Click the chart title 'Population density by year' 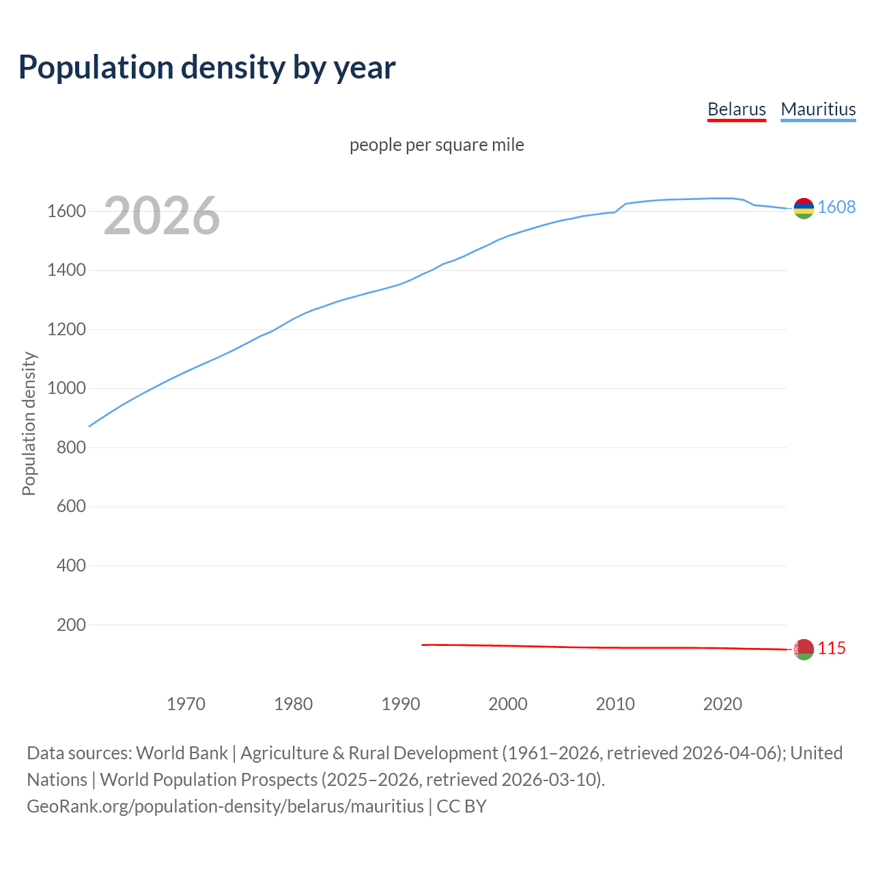click(207, 68)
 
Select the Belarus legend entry click(736, 109)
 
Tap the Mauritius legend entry click(818, 109)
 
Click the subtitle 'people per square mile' click(436, 145)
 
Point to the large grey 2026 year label click(162, 216)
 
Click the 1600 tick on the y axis click(66, 212)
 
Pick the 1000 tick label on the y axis click(66, 389)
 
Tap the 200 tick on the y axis click(71, 625)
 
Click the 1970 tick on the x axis click(186, 704)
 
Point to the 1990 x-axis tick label click(401, 704)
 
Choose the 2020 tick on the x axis click(722, 704)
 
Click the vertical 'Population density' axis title click(29, 423)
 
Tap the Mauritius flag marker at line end click(804, 208)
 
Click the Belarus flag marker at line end click(804, 649)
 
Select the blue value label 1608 click(836, 208)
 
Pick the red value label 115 click(832, 649)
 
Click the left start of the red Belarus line click(423, 645)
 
